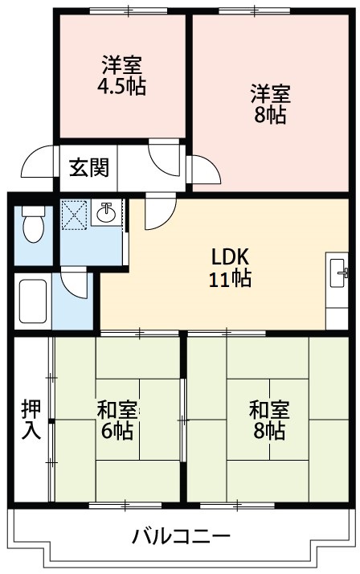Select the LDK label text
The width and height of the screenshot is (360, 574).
point(231,257)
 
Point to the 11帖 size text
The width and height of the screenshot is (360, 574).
point(231,279)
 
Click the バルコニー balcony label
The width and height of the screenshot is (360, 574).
point(181,536)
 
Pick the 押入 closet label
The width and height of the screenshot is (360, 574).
point(31,419)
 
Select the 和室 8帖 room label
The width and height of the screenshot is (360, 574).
point(267,420)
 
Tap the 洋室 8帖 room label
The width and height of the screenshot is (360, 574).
point(267,103)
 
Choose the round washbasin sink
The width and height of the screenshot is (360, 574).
point(106,213)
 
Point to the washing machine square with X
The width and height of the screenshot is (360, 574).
point(76,213)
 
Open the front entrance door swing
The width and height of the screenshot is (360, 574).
point(39,163)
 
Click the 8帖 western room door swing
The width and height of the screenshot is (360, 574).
point(203,168)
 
